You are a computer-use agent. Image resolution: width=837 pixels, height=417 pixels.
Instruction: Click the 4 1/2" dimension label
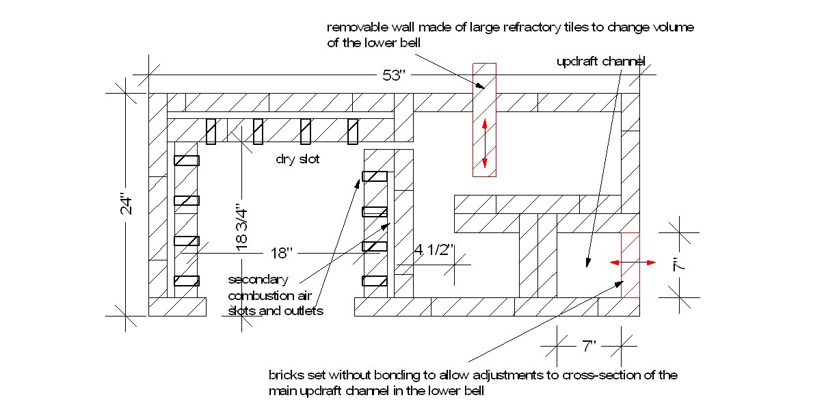434,250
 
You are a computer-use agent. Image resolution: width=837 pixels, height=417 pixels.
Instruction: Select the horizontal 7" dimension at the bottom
588,347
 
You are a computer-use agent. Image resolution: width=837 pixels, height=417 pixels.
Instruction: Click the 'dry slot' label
297,159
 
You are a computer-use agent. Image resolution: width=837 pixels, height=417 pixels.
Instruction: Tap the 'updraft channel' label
600,62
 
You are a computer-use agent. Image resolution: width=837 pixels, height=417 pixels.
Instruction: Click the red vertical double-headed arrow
484,143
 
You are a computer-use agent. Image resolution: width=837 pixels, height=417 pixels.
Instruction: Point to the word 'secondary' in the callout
258,280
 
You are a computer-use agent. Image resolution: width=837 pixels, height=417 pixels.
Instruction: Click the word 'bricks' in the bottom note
284,375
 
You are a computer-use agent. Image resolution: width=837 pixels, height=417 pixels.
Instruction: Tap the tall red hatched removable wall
484,120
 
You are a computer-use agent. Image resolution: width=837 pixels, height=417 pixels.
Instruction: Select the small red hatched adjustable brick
630,265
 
